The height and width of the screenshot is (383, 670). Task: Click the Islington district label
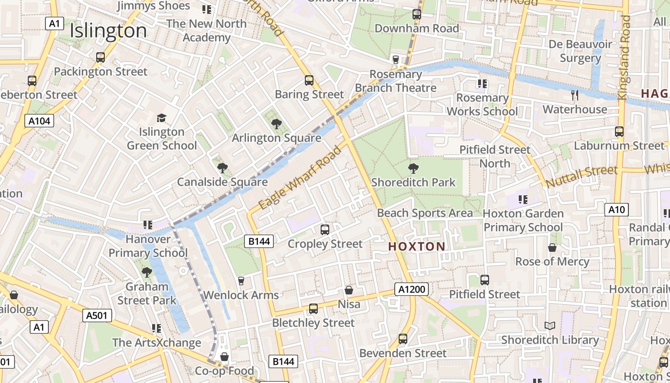pos(108,31)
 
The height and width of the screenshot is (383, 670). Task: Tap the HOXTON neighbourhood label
pos(416,247)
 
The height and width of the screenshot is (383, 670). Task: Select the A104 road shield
pos(39,121)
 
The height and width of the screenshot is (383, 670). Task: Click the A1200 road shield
pos(411,289)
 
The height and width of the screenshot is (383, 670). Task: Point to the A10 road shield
pos(616,209)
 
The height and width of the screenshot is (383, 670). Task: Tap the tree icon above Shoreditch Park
pos(413,169)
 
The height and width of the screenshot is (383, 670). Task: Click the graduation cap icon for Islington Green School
pos(161,118)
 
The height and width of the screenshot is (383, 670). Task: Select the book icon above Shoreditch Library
pos(550,326)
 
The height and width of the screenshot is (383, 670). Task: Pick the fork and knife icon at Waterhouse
pos(575,95)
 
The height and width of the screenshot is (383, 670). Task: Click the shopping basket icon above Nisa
pos(349,290)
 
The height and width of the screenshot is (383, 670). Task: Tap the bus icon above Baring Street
pos(309,80)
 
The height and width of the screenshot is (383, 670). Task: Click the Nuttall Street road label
pos(581,176)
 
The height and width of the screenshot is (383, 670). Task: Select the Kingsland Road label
pos(625,57)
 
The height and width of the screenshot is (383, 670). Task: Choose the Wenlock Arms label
pos(241,295)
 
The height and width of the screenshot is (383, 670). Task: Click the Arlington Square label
pos(276,138)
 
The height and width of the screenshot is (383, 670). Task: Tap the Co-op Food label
pos(224,371)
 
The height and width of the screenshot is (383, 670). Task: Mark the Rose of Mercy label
pos(552,261)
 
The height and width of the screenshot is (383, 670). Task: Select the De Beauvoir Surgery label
pos(580,51)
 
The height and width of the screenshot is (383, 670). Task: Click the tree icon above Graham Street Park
pos(146,272)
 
